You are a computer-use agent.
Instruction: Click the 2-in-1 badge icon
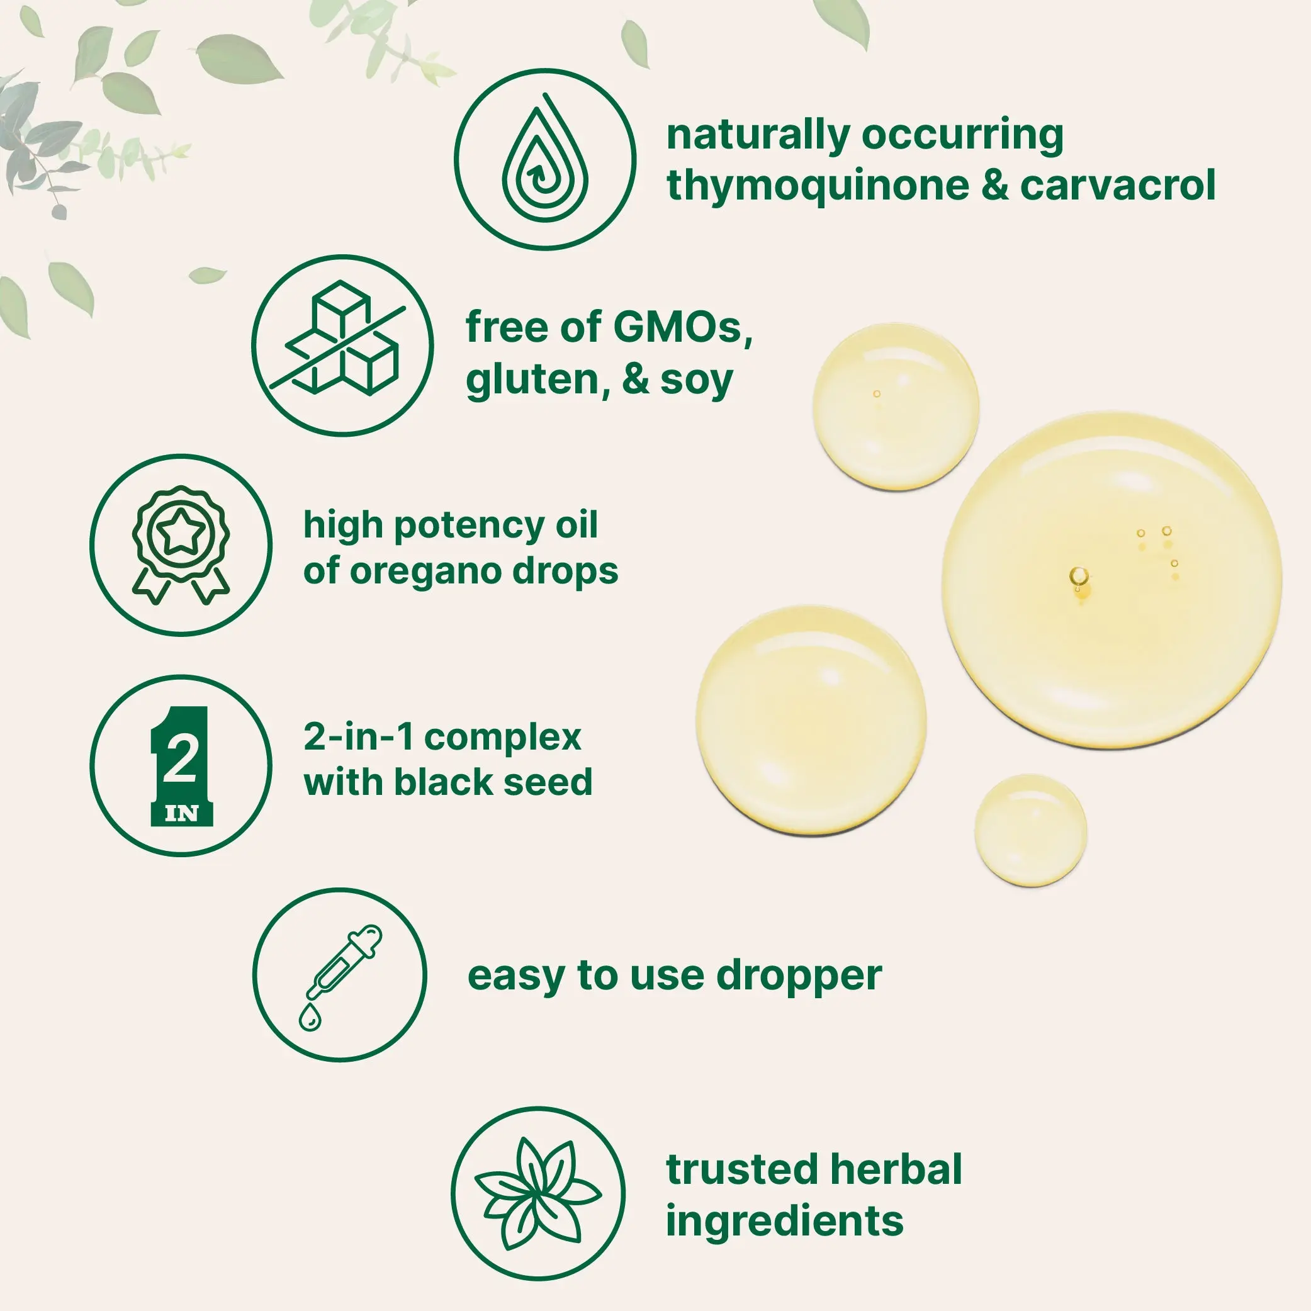coord(181,765)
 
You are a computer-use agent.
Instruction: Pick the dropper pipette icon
coord(339,978)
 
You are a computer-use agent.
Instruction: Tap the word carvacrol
coord(1118,185)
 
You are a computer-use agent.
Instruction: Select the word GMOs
coord(684,328)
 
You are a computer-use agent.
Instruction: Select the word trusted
coord(743,1169)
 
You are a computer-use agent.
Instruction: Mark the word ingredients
coord(785,1222)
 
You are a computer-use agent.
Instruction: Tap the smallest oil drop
coord(1031,830)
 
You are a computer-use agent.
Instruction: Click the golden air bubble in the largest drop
coord(1079,578)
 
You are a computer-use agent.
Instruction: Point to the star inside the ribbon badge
coord(181,532)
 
